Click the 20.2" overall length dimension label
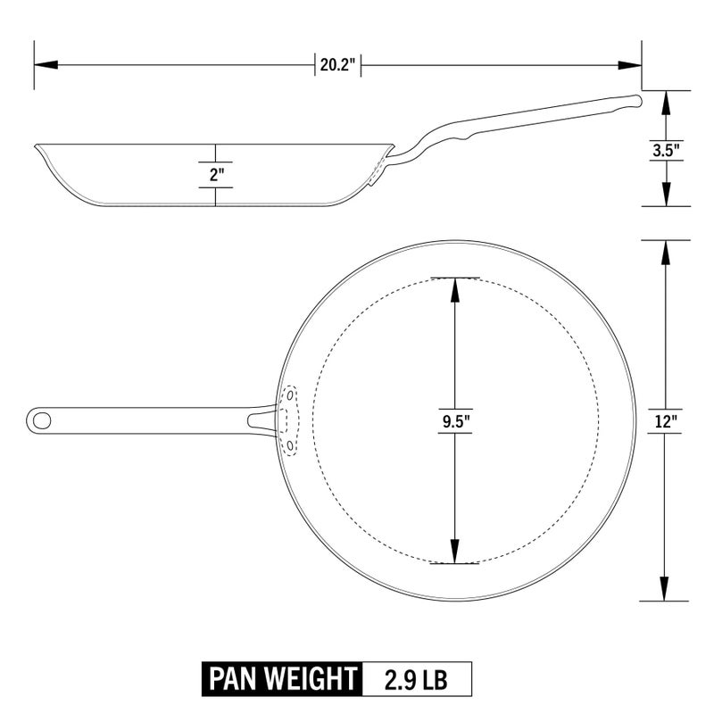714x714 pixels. pyautogui.click(x=337, y=64)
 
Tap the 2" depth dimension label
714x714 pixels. pyautogui.click(x=215, y=175)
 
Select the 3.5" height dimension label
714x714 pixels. pyautogui.click(x=666, y=149)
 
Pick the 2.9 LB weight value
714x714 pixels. pyautogui.click(x=416, y=679)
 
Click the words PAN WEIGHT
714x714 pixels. pyautogui.click(x=280, y=679)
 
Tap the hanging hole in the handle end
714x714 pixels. pyautogui.click(x=40, y=418)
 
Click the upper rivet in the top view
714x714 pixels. pyautogui.click(x=289, y=394)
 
